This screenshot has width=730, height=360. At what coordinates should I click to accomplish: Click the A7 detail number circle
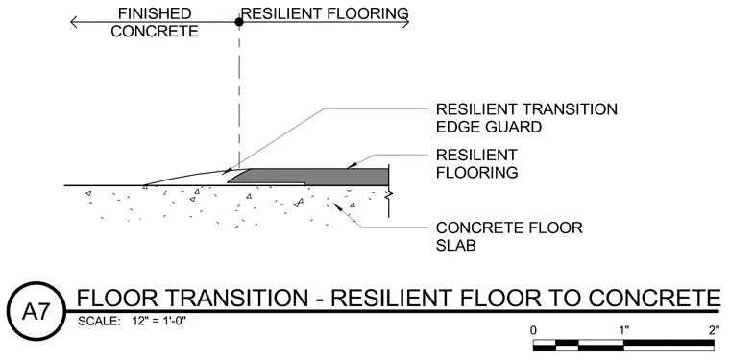pos(36,311)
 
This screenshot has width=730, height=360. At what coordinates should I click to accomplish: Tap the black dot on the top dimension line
pos(239,21)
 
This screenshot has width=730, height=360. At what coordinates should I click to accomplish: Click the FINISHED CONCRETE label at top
pos(155,22)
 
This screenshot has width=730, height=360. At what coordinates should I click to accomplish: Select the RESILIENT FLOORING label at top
pos(325,13)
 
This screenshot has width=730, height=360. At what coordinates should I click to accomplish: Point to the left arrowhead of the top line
pos(74,22)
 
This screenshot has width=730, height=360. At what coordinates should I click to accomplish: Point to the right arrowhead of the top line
pos(405,22)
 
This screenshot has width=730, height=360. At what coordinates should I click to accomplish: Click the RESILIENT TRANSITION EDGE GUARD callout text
pos(526,118)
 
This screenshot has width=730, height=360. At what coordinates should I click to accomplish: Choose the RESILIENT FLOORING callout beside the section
pos(476,163)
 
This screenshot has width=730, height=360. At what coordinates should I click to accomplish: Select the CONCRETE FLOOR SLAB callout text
pos(509,236)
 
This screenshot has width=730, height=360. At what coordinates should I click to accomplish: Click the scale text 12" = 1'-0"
pos(159,321)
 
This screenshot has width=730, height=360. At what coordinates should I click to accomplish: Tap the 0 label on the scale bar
pos(533,330)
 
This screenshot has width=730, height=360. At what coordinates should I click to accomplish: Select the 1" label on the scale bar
pos(623,330)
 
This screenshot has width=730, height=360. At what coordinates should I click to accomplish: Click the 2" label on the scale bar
pos(715,330)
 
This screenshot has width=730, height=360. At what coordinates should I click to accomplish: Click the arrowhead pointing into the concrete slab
pos(337,207)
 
